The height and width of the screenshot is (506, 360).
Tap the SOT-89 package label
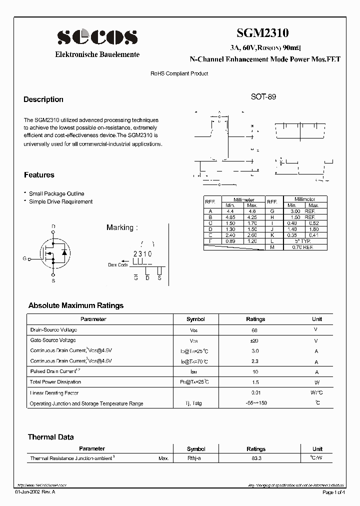click(x=263, y=97)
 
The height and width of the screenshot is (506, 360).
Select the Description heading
click(x=43, y=99)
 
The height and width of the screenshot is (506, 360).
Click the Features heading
click(x=39, y=175)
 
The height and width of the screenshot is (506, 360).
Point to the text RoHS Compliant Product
click(x=179, y=73)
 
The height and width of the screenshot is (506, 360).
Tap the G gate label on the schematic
click(x=24, y=258)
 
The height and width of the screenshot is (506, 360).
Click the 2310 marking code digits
click(x=142, y=254)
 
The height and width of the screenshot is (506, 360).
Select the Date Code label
click(x=118, y=265)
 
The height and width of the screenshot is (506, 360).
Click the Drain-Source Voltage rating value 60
click(x=255, y=330)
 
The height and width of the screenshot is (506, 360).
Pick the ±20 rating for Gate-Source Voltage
click(x=255, y=340)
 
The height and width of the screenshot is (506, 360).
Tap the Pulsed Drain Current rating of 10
click(x=255, y=372)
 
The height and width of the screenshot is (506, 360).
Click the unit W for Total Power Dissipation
click(x=316, y=382)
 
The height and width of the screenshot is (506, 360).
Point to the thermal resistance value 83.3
click(x=255, y=458)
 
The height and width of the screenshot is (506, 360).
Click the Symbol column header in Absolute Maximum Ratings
click(x=195, y=319)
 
